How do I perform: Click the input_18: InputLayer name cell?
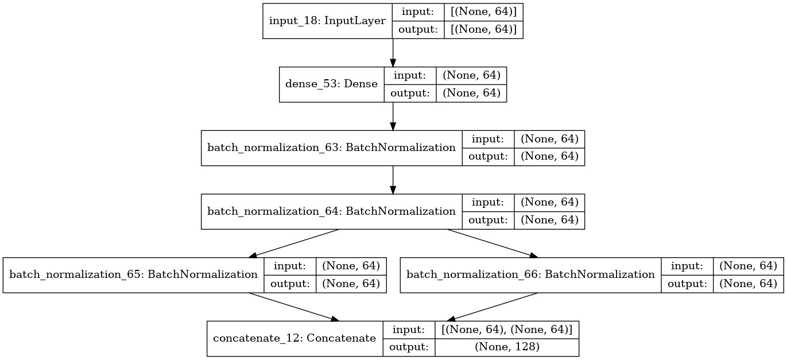point(327,21)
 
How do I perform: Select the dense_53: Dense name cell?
point(331,84)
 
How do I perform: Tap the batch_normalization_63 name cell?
point(331,148)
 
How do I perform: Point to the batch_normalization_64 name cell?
point(331,211)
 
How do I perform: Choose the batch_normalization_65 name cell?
point(133,275)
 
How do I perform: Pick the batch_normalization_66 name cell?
point(530,275)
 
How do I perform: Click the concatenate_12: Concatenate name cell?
point(294,339)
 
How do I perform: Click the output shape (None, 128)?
point(506,347)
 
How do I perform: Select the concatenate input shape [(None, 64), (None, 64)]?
point(506,330)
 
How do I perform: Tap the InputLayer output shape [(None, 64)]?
point(483,30)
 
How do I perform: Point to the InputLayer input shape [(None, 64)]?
point(483,13)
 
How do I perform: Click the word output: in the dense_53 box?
point(410,93)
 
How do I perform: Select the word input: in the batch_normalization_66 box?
point(687,266)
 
